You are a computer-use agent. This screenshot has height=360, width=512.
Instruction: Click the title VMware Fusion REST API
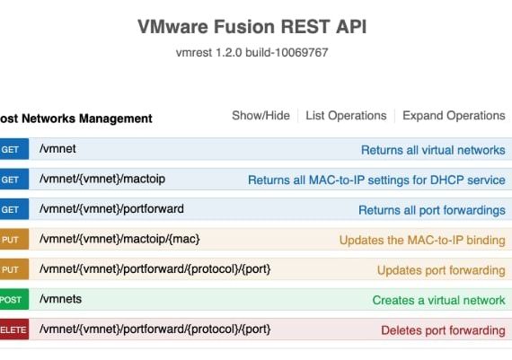tap(252, 27)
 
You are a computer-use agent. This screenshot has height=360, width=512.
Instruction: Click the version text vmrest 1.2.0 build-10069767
tap(252, 53)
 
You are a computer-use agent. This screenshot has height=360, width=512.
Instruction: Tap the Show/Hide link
tap(260, 116)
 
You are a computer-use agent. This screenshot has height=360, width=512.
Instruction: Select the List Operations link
tap(346, 116)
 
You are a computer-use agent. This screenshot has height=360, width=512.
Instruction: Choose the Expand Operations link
tap(454, 116)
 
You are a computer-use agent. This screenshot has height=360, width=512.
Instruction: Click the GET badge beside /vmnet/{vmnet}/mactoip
tap(11, 180)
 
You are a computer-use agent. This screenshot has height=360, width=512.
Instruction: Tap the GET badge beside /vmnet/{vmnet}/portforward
tap(11, 210)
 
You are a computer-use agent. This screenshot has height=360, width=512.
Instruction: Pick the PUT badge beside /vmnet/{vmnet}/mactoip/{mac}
tap(11, 241)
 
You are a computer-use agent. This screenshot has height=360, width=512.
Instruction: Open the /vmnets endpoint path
tap(60, 300)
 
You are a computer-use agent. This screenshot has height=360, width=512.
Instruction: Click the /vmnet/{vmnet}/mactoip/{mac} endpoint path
tap(119, 240)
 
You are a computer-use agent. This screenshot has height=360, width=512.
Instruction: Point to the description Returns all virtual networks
tap(433, 150)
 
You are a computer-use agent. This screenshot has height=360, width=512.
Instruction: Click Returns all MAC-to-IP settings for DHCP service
tap(376, 180)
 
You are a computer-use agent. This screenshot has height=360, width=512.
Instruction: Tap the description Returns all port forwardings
tap(431, 210)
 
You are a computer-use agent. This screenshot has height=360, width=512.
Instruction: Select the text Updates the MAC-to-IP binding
tap(422, 241)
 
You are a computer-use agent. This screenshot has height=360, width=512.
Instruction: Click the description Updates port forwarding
tap(441, 270)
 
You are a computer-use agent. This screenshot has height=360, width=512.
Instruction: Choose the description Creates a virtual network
tap(438, 301)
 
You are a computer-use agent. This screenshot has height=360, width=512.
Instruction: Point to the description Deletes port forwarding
tap(443, 330)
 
